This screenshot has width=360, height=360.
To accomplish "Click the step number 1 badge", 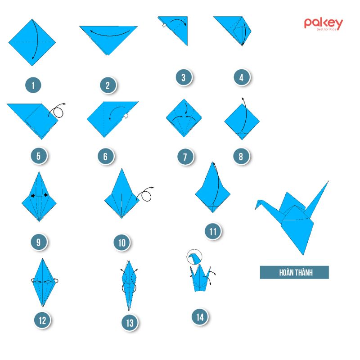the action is click(x=33, y=85).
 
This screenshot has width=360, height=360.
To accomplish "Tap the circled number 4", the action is click(x=242, y=77).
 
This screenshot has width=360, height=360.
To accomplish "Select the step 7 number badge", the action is click(x=185, y=157).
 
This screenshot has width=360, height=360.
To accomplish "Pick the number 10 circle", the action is click(x=121, y=243).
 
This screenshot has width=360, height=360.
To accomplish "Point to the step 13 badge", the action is click(x=130, y=323).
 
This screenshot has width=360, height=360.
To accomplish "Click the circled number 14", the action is click(x=200, y=317).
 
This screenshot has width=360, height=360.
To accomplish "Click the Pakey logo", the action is click(x=323, y=24).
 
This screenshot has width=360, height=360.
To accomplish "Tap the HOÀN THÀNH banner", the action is click(x=294, y=273).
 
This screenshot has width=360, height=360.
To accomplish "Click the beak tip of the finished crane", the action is click(x=256, y=209).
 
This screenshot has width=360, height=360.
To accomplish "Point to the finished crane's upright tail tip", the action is click(x=328, y=181).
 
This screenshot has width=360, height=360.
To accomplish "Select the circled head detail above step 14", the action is click(x=194, y=256).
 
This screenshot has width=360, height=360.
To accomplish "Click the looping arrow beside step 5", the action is click(x=57, y=111).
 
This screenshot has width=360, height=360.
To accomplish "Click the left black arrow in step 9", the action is click(x=33, y=196).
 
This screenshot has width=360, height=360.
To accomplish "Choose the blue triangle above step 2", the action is click(x=108, y=40).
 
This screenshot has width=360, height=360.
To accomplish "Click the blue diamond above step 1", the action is click(x=32, y=42).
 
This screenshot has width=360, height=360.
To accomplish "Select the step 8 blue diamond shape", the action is click(x=242, y=121).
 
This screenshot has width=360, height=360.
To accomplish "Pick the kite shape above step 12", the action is click(x=43, y=283).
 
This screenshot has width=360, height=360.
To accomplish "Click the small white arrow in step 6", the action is click(x=126, y=116).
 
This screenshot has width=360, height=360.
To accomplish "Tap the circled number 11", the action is click(x=213, y=231).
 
